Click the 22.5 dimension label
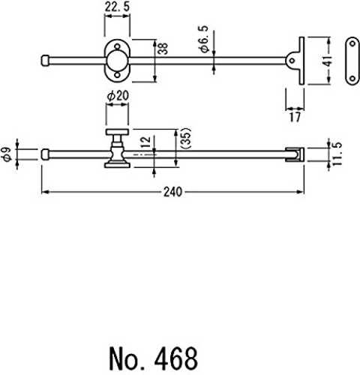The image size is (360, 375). click(x=117, y=7)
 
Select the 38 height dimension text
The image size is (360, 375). click(x=163, y=49)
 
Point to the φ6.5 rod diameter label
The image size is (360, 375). click(x=204, y=39)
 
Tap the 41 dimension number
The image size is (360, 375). click(x=327, y=61)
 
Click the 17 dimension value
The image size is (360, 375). click(x=295, y=117)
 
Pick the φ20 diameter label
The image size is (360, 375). click(x=118, y=96)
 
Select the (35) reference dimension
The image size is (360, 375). click(x=186, y=139)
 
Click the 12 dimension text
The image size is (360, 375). click(x=146, y=142)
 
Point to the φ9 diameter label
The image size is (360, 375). click(x=7, y=154)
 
